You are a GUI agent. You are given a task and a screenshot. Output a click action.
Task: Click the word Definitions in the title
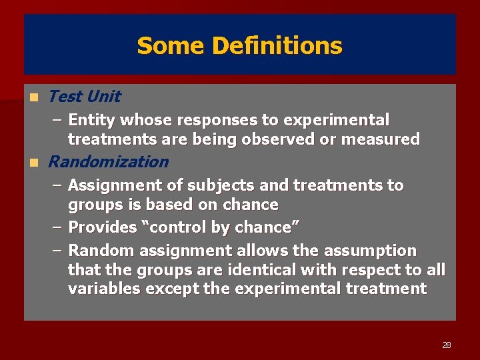[277, 46]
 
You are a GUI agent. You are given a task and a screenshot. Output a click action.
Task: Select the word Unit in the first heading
[103, 97]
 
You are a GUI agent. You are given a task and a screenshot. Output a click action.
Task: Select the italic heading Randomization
[109, 162]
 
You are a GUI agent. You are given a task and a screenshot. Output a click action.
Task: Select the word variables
[104, 289]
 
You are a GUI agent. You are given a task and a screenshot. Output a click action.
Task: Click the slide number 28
[446, 345]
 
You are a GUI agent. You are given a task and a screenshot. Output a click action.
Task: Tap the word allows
[257, 251]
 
